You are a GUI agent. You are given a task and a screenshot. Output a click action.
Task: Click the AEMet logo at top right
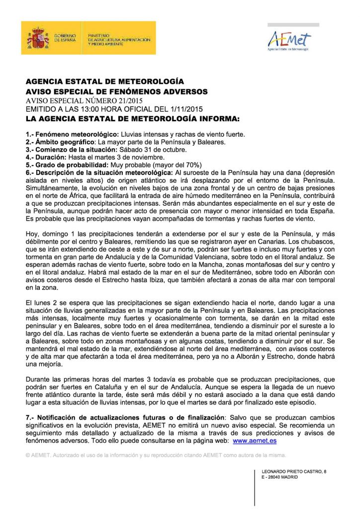click(x=289, y=40)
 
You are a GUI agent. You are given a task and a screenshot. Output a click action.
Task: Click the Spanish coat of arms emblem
click(x=38, y=38)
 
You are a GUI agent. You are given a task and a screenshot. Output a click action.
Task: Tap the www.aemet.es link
click(x=255, y=440)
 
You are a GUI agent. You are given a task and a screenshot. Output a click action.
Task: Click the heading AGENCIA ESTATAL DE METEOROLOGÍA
click(x=105, y=82)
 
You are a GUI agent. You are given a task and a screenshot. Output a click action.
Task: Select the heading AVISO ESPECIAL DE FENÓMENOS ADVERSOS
click(x=117, y=91)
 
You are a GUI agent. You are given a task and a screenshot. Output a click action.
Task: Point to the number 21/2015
click(x=128, y=100)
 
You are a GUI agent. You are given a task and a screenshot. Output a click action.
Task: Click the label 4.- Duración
click(x=48, y=157)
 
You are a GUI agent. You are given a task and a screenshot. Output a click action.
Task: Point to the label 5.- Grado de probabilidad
click(x=67, y=164)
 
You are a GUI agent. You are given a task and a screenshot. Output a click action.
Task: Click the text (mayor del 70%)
click(x=176, y=164)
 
